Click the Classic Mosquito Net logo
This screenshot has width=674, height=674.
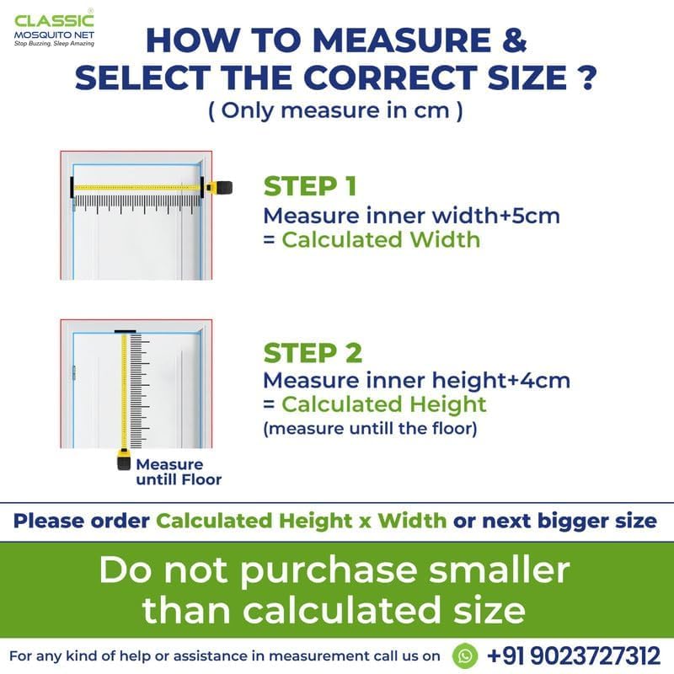coord(54,28)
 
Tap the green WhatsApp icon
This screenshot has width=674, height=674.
coord(465,656)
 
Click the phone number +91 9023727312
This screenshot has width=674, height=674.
coord(574,656)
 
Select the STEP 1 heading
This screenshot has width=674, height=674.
coord(310,186)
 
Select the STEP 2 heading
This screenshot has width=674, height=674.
coord(313,353)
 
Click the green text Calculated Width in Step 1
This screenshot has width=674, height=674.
coord(381,240)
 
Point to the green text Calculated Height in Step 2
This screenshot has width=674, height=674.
coord(384,404)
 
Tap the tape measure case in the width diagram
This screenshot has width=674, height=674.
coord(220,188)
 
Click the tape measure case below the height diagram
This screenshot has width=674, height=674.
coord(124,459)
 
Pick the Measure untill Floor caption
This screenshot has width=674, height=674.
coord(179,472)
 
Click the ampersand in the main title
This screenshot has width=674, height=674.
coord(514,40)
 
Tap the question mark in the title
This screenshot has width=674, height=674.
coord(586,78)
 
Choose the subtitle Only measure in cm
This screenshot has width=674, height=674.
coord(335,111)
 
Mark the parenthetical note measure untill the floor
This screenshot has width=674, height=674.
coord(370,429)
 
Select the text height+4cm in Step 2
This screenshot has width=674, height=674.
coord(500,381)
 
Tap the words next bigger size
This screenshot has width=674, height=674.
coord(570,521)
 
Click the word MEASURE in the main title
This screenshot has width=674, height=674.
coord(402,40)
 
